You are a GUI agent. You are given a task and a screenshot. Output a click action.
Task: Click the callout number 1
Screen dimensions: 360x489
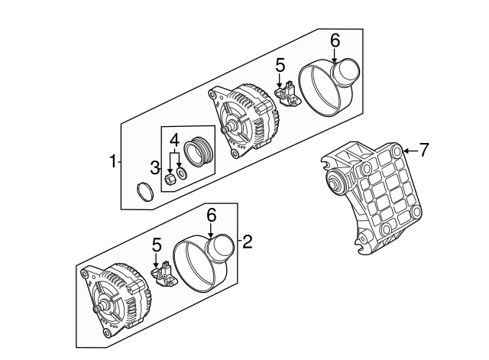point(112,162)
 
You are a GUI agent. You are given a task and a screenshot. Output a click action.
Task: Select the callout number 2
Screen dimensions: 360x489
point(247,243)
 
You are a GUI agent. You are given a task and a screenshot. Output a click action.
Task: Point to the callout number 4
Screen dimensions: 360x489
point(174,140)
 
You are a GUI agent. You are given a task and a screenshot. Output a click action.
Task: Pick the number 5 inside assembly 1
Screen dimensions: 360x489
point(280,66)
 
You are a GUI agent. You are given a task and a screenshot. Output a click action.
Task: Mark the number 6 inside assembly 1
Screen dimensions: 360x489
point(335,40)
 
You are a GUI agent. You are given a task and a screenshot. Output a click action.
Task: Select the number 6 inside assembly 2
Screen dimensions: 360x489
point(212,216)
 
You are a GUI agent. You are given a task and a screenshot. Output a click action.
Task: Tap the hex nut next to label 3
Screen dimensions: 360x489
point(171,179)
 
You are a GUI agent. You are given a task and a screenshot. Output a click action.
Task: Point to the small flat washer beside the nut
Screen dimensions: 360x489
point(182,174)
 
